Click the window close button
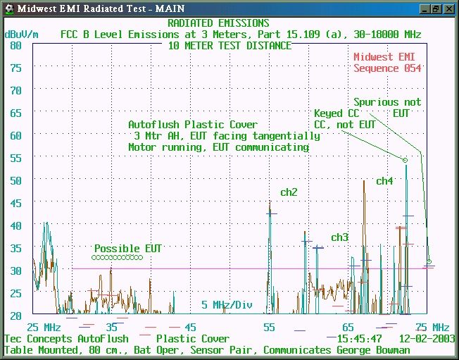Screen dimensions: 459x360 (449, 8)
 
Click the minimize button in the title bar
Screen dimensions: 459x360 (425, 8)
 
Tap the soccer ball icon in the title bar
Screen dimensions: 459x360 (10, 8)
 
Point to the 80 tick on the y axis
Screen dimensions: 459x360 (15, 46)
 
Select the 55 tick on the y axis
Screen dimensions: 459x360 (15, 159)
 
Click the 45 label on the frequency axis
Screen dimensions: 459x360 (191, 327)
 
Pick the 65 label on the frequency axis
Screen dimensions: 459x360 (348, 327)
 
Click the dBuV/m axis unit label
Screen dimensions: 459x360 (21, 35)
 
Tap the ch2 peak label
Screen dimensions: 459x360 (289, 192)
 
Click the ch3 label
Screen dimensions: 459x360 (339, 237)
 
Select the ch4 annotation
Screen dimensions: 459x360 (384, 181)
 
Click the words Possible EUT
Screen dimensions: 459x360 (128, 249)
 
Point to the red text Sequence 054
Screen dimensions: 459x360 (387, 68)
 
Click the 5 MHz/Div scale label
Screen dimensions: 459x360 (227, 305)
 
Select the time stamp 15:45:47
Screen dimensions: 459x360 (360, 339)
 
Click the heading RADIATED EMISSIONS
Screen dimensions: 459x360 (218, 23)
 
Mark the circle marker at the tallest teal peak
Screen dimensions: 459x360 (405, 160)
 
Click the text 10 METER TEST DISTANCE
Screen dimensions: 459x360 (229, 46)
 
